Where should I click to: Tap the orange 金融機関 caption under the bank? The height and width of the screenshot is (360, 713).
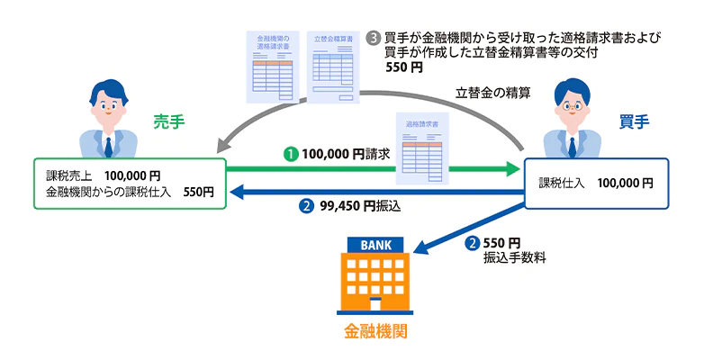375,331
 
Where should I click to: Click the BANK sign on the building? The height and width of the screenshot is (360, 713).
376,245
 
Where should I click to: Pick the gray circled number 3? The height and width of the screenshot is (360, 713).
374,39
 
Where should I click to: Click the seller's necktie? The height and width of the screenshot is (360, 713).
107,144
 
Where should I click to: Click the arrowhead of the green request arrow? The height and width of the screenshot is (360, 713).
515,168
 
